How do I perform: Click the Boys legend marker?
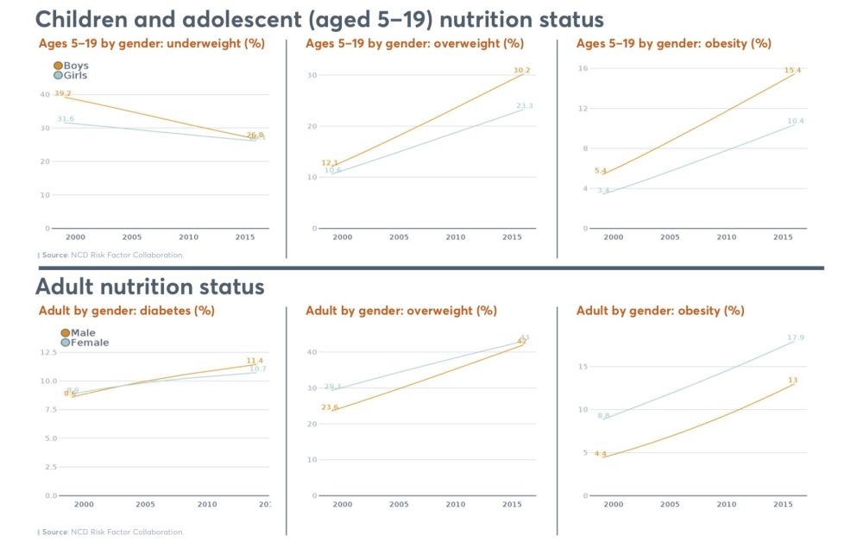coord(58,66)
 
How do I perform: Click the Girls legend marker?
coord(58,75)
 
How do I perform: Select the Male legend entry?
coord(66,333)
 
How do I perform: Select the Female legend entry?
coord(66,343)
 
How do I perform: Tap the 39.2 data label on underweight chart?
coord(62,93)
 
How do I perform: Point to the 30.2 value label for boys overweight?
coord(521,70)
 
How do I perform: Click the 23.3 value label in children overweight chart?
coord(525,106)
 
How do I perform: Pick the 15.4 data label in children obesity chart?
coord(792,70)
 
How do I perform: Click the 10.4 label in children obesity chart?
coord(795,121)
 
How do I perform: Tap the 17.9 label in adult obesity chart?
coord(795,337)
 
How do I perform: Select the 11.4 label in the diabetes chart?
coord(255,361)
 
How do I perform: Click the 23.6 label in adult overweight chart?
coord(330,407)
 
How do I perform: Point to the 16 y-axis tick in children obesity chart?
coord(583,69)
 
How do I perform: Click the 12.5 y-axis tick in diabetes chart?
coord(48,352)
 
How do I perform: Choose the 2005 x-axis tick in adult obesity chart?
coord(670,504)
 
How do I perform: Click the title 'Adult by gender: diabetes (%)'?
coord(126,311)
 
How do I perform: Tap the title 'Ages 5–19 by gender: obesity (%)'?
coord(673,43)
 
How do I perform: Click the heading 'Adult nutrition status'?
coord(150,286)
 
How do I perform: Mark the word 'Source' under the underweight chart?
coord(55,255)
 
